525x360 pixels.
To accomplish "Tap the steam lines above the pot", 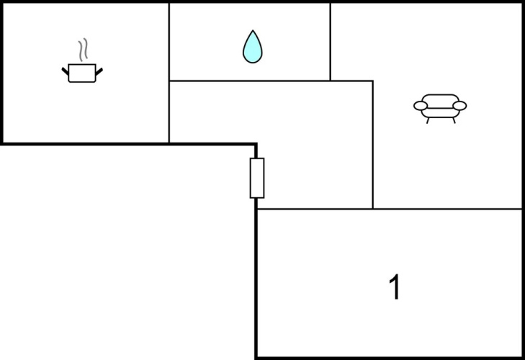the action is tap(83, 50).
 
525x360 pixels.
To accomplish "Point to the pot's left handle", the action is tap(65, 71).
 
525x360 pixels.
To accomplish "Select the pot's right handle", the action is tap(99, 71).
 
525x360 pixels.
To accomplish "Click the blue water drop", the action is tap(253, 47).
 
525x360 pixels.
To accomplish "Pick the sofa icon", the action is tap(440, 109).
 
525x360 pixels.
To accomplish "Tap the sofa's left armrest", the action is tap(421, 106).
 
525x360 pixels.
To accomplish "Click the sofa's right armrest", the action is tap(459, 106).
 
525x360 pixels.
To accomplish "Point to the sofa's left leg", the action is tap(428, 120).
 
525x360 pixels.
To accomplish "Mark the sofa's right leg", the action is tap(454, 120).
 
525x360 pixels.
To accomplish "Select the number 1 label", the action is tap(395, 287).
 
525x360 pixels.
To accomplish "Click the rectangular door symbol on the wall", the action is tap(257, 178).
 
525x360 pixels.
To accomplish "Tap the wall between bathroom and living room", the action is tap(330, 42).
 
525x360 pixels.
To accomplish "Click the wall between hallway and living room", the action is tap(372, 145).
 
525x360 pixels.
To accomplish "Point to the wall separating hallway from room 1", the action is tap(315, 209).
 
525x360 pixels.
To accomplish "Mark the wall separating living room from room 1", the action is tap(447, 209).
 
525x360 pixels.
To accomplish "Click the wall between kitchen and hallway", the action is tap(169, 112).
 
